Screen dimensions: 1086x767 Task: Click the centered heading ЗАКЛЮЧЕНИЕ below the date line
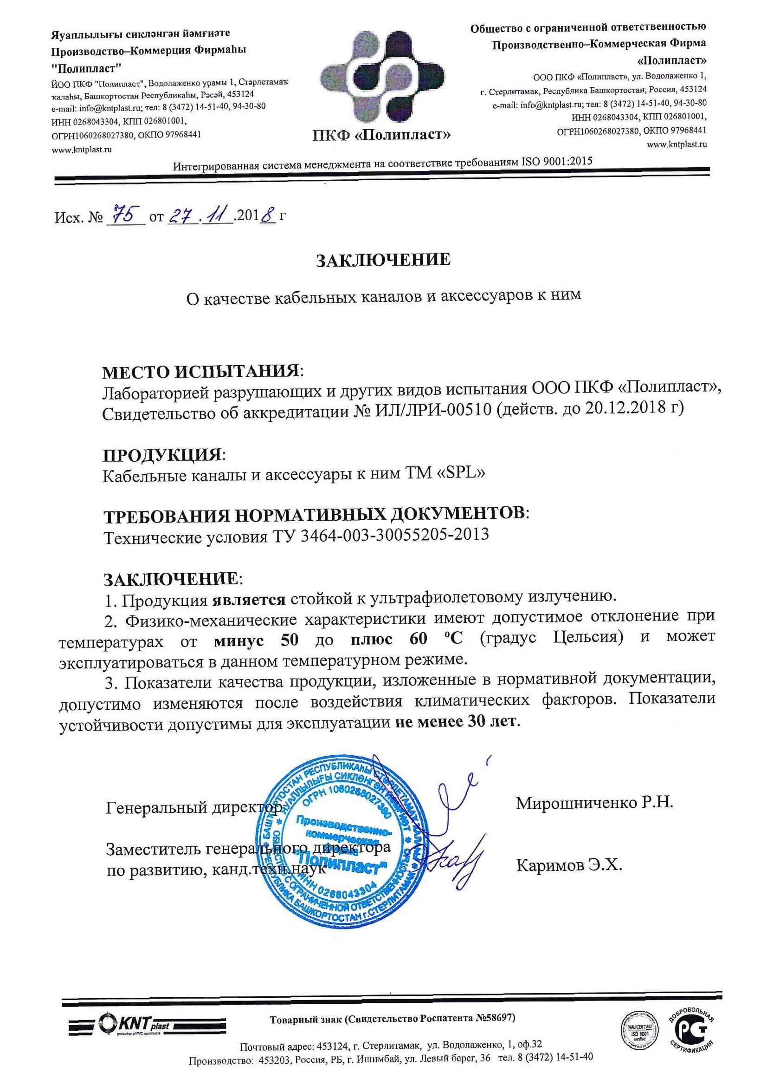(x=383, y=260)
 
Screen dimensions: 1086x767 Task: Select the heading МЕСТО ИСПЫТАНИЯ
(x=201, y=372)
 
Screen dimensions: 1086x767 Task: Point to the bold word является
(x=249, y=600)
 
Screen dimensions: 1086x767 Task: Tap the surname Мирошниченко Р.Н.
(x=594, y=803)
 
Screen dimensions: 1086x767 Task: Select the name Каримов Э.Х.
(x=569, y=865)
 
